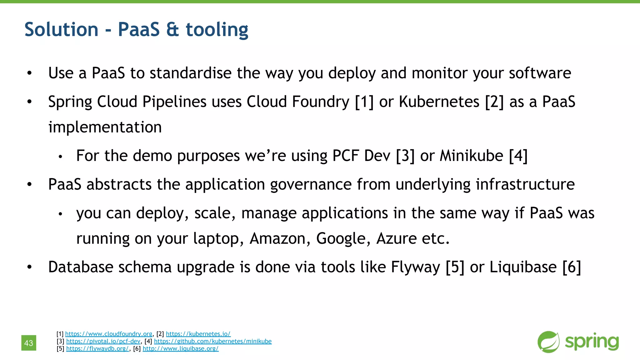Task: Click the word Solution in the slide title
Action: pyautogui.click(x=61, y=30)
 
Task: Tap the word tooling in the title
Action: pyautogui.click(x=217, y=30)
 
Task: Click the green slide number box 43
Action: pyautogui.click(x=29, y=343)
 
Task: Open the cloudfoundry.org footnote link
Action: pyautogui.click(x=108, y=334)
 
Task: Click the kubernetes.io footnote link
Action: pyautogui.click(x=198, y=334)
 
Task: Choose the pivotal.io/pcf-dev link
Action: pyautogui.click(x=103, y=341)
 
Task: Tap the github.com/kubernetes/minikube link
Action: pyautogui.click(x=212, y=341)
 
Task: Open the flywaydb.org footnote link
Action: pyautogui.click(x=97, y=348)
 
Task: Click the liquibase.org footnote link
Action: pyautogui.click(x=181, y=348)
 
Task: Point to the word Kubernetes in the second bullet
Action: pyautogui.click(x=439, y=102)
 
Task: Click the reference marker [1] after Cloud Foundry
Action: pyautogui.click(x=364, y=102)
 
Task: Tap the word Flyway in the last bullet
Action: pyautogui.click(x=415, y=267)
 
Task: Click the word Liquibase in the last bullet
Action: pyautogui.click(x=523, y=267)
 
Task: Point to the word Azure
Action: pyautogui.click(x=396, y=238)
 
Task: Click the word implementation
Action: pyautogui.click(x=105, y=127)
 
